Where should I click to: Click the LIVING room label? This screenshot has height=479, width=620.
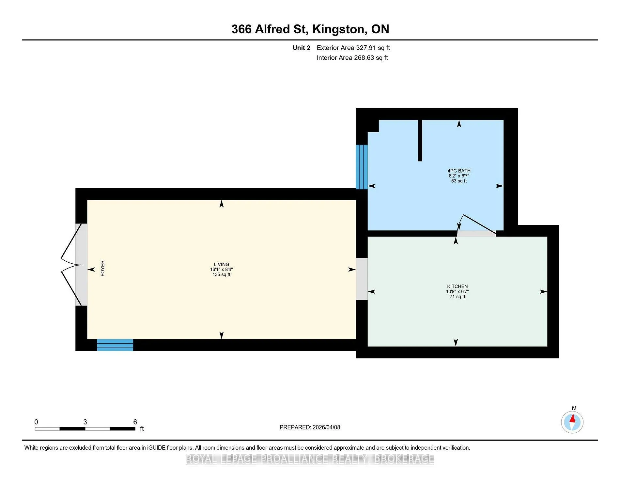(x=221, y=264)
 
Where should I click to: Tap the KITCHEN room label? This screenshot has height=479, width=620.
(x=457, y=286)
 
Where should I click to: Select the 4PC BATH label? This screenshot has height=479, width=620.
(x=459, y=171)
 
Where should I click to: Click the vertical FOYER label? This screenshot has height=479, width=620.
(x=102, y=268)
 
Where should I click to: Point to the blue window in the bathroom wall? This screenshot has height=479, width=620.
(x=362, y=167)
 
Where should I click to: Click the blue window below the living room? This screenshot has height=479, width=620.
(x=115, y=345)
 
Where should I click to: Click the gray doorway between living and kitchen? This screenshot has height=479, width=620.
(x=362, y=279)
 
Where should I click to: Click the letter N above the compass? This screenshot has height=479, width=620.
(x=574, y=408)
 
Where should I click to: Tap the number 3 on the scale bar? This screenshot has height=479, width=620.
(x=85, y=422)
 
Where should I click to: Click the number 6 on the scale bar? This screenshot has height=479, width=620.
(x=135, y=422)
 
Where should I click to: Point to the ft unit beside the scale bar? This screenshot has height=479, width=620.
(x=142, y=428)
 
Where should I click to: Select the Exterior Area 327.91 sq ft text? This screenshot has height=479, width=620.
(x=353, y=48)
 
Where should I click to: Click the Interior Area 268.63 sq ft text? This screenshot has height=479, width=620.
(x=352, y=58)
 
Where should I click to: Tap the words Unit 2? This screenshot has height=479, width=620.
(x=301, y=48)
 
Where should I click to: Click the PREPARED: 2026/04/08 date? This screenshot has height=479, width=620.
(x=310, y=427)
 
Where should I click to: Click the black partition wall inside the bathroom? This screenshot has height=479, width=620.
(x=420, y=140)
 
